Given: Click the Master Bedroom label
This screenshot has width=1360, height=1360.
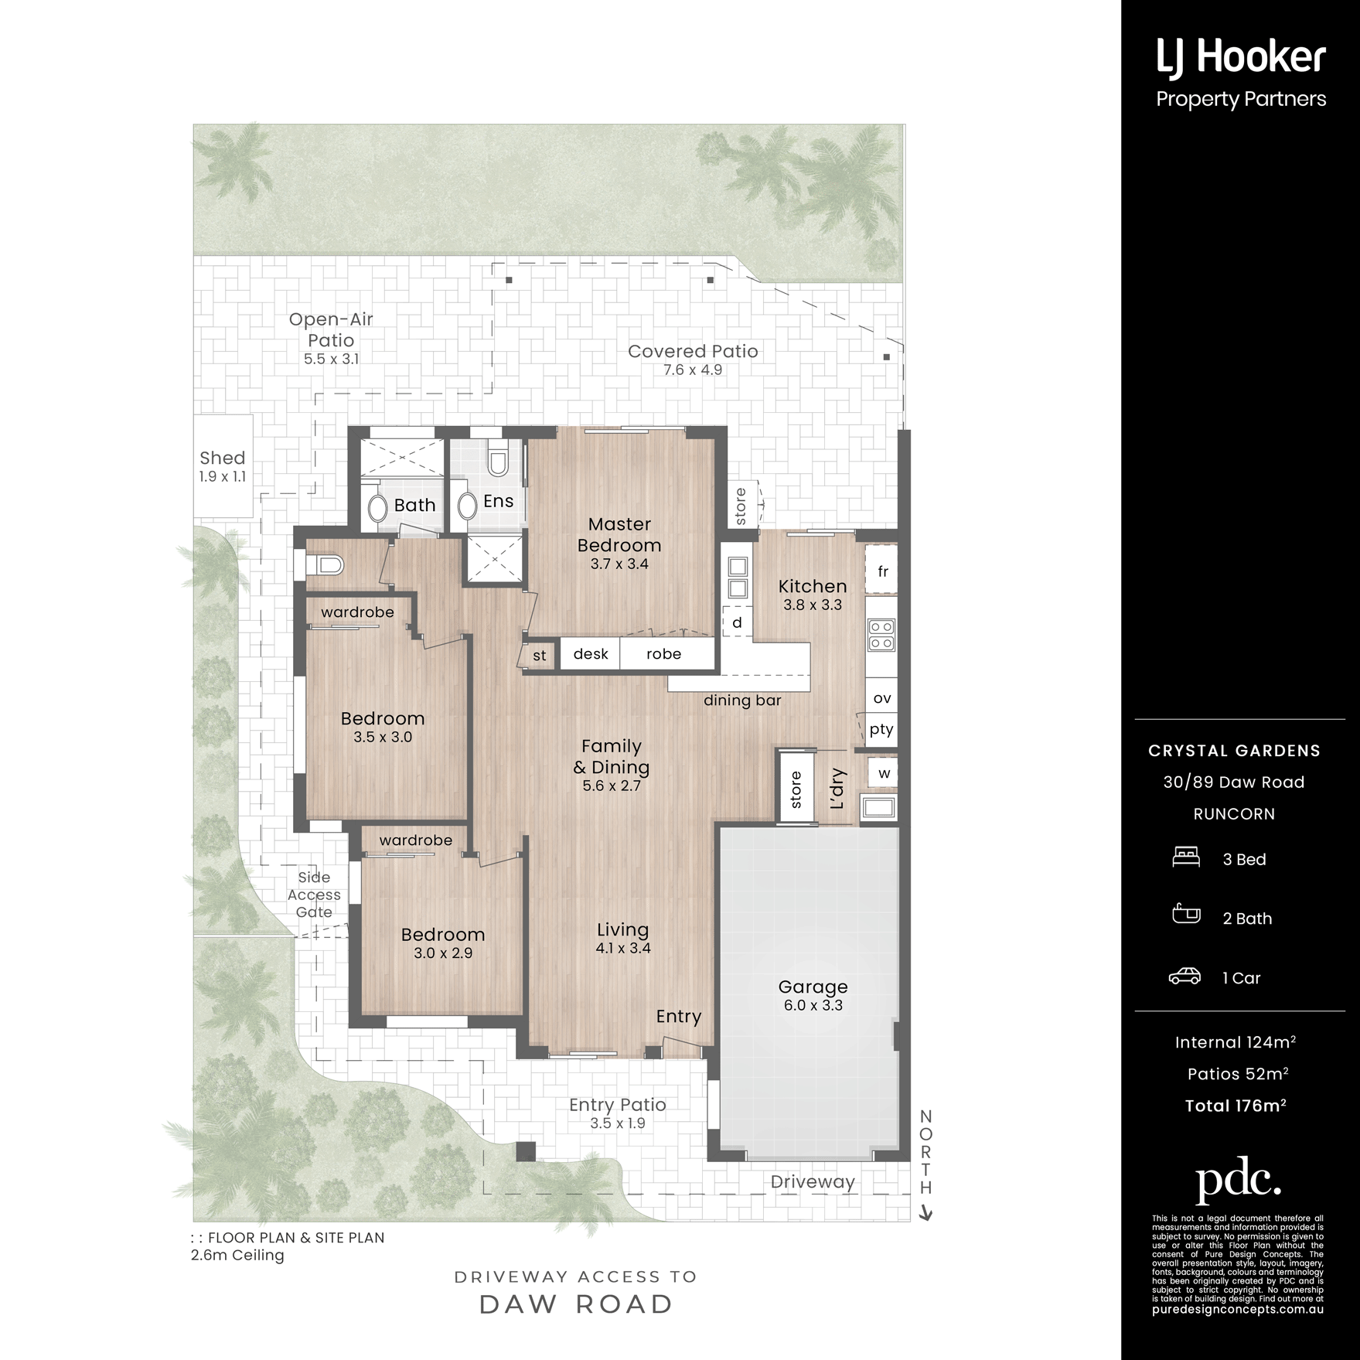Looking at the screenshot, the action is (619, 534).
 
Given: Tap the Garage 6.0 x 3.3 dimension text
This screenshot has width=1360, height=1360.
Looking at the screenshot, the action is (813, 1005).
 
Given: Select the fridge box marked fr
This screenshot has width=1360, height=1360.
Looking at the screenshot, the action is (881, 571).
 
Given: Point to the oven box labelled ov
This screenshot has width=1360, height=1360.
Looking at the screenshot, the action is (881, 697).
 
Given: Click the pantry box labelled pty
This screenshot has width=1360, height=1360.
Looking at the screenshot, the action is (881, 730).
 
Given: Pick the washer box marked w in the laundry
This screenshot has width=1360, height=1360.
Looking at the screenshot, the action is (883, 772).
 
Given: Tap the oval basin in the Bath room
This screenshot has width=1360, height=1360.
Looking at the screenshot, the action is (377, 508).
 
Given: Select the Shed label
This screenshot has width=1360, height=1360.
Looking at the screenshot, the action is (223, 458).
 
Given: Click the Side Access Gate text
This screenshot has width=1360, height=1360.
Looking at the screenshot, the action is (314, 895).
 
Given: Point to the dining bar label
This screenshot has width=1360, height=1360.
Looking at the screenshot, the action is (742, 700).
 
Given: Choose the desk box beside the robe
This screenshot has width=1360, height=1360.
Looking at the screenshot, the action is (590, 653).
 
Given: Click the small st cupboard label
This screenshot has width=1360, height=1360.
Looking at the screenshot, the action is (540, 656).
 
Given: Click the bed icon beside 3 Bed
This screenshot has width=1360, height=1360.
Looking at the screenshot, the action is (1186, 857).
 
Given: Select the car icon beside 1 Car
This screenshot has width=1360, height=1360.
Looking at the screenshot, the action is (1184, 976).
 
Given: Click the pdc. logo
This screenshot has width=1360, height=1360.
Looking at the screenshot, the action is (1238, 1180).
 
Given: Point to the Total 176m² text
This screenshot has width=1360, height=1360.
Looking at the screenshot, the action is (1236, 1105).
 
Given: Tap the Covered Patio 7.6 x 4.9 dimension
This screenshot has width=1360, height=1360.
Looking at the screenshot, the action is (693, 370).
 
